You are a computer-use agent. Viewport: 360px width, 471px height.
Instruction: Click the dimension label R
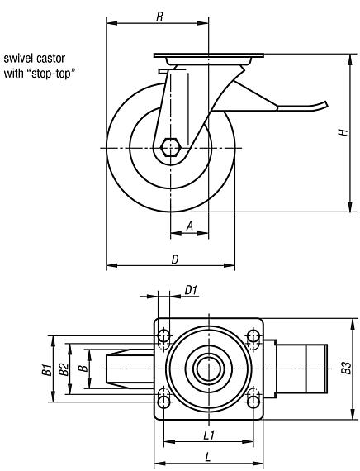click(x=159, y=14)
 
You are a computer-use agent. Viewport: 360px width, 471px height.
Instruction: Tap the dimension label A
click(x=189, y=224)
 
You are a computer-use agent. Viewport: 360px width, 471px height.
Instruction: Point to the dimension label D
click(x=174, y=259)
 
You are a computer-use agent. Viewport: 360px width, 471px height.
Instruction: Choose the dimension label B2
click(x=63, y=369)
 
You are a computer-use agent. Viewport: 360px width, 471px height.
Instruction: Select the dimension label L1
click(x=209, y=432)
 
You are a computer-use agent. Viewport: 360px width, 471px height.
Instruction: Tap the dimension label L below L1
click(x=209, y=455)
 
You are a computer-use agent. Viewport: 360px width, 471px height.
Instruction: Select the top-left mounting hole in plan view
click(x=163, y=336)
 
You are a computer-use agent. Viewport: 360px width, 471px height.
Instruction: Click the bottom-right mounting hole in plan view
click(x=253, y=402)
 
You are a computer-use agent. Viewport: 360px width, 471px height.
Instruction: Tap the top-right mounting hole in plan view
click(x=253, y=336)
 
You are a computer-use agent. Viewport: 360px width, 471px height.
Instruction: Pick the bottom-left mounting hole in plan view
click(x=163, y=402)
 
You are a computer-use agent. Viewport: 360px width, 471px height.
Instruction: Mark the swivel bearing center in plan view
click(x=208, y=369)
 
